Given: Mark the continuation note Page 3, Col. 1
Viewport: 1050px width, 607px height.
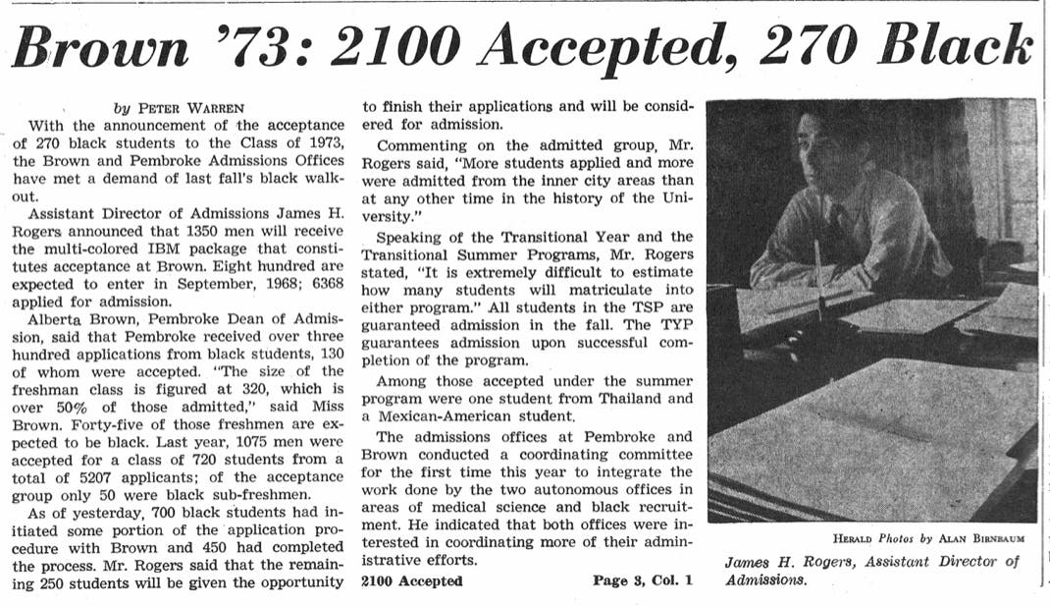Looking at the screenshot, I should coord(642,580).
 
